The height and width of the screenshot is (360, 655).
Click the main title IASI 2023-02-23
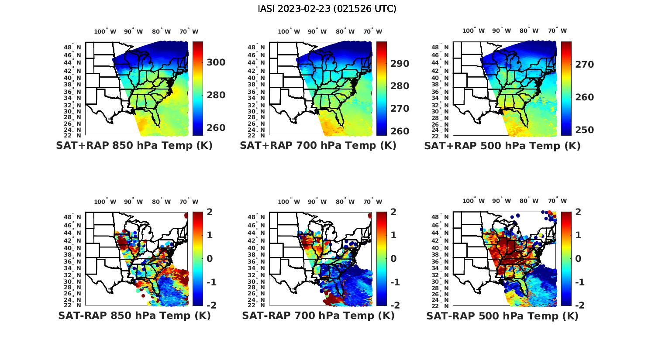(x=327, y=9)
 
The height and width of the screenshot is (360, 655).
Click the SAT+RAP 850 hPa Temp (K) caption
(x=134, y=146)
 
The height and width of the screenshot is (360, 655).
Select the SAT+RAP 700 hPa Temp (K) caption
(x=318, y=146)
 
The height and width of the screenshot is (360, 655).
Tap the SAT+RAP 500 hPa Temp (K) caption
(x=502, y=146)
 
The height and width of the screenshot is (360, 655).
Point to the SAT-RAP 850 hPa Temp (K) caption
(x=134, y=316)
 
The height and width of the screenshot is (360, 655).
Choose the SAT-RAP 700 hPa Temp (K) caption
(x=318, y=316)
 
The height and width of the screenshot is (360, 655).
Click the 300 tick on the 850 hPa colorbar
(x=216, y=62)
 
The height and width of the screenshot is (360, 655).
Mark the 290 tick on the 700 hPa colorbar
(x=400, y=64)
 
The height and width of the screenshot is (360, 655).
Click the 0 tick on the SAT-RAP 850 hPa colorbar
(x=210, y=258)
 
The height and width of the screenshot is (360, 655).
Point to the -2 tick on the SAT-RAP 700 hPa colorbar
(x=393, y=305)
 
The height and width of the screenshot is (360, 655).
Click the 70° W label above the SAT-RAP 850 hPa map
(x=189, y=202)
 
